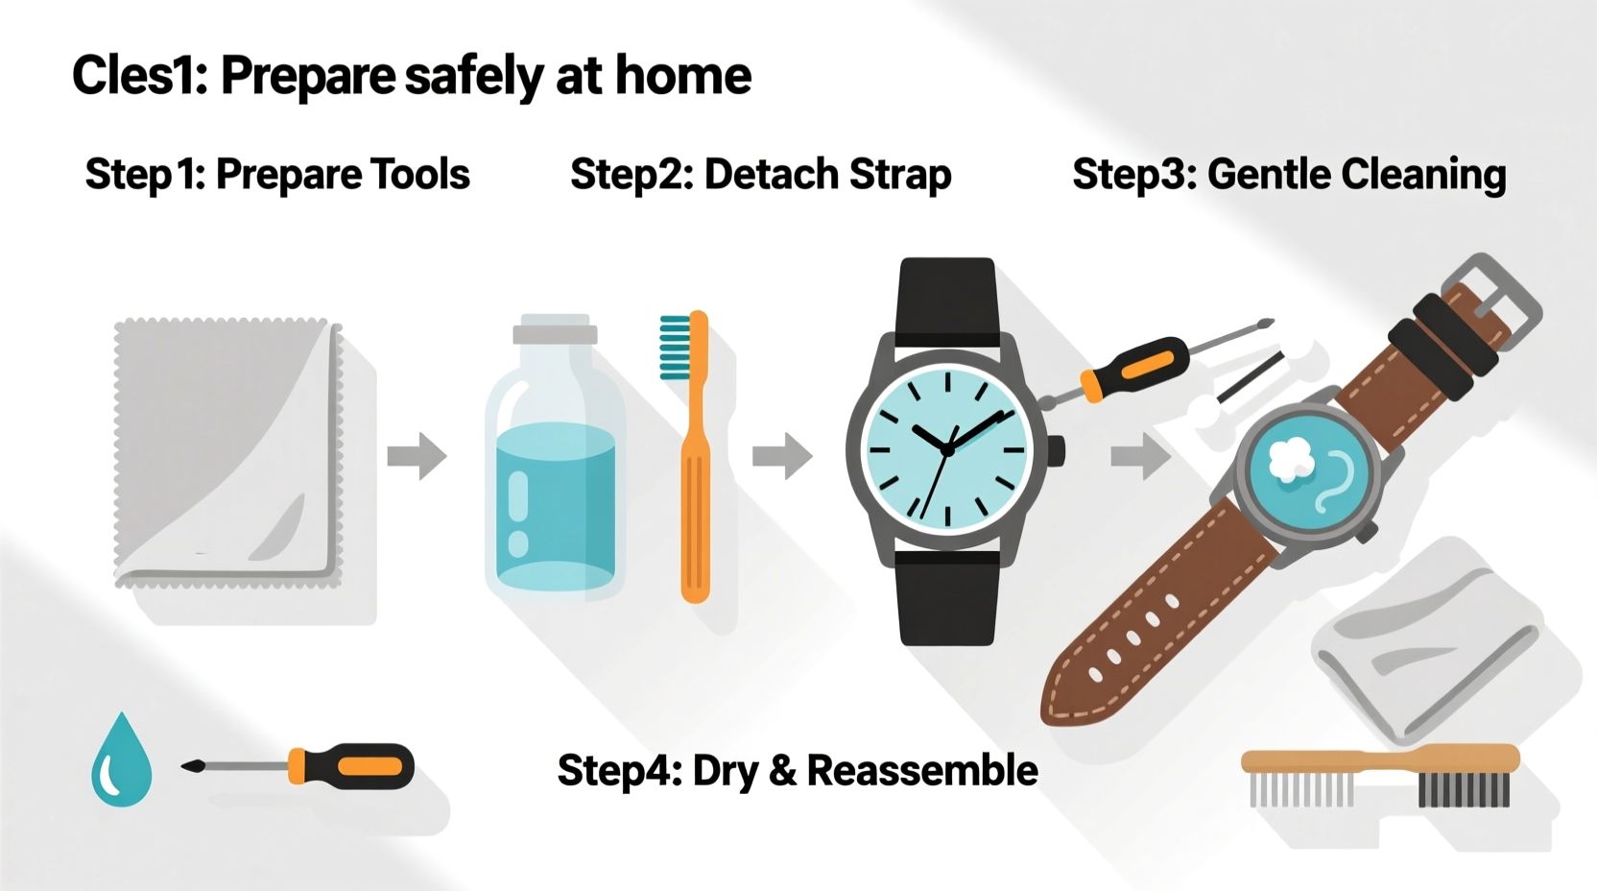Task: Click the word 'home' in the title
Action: (682, 76)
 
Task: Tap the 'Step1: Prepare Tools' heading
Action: (277, 175)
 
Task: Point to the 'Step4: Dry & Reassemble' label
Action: (797, 770)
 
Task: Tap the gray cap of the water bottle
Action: (555, 333)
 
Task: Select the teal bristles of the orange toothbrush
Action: (675, 348)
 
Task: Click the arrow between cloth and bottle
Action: (417, 455)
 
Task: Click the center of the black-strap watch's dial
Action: (947, 449)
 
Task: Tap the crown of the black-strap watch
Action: (1056, 450)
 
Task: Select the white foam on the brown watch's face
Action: (1290, 459)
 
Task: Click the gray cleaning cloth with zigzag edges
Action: (227, 451)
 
